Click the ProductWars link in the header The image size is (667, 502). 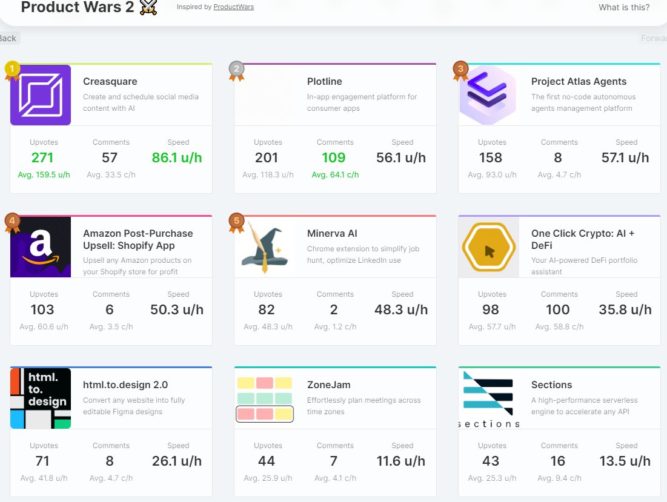click(x=234, y=7)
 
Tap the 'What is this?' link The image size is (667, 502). click(x=624, y=7)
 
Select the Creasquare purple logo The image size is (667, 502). click(x=41, y=95)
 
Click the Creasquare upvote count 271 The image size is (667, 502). click(x=42, y=158)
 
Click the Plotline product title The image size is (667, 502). click(x=325, y=82)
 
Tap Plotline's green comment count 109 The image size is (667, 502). click(x=333, y=158)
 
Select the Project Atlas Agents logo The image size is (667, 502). click(x=488, y=95)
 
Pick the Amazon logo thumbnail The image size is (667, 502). click(x=41, y=247)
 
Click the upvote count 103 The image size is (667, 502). click(x=42, y=310)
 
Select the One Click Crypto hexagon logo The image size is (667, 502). click(x=488, y=247)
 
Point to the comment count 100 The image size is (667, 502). click(x=557, y=310)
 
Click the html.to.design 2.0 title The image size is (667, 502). click(x=125, y=385)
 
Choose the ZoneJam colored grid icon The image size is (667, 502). click(x=264, y=398)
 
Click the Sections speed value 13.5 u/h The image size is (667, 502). click(x=625, y=461)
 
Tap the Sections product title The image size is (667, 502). click(x=551, y=385)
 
